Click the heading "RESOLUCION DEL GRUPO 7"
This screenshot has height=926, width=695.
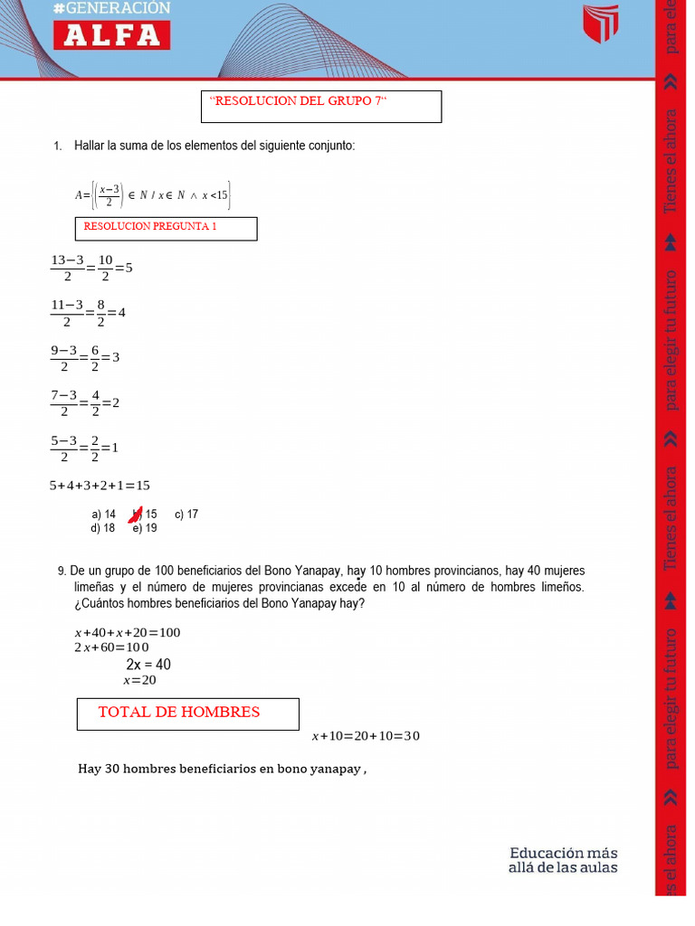pos(298,101)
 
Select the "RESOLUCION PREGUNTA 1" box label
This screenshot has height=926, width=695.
pos(150,227)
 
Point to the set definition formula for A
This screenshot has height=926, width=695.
pos(153,194)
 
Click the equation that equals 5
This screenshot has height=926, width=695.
pos(91,269)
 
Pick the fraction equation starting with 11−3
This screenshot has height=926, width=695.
pos(88,313)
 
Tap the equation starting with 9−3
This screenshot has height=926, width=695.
pos(85,357)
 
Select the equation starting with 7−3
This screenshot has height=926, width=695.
pos(85,402)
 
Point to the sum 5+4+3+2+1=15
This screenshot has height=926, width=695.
pos(100,486)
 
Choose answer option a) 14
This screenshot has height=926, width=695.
pos(103,515)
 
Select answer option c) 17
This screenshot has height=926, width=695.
pos(186,515)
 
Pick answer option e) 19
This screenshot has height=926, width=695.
pos(145,528)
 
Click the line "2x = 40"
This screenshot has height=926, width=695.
pos(148,665)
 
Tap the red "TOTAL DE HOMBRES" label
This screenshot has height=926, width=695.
pos(179,713)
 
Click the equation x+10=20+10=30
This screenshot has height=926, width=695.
pos(366,736)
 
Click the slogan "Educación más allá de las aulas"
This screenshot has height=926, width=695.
pos(563,860)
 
